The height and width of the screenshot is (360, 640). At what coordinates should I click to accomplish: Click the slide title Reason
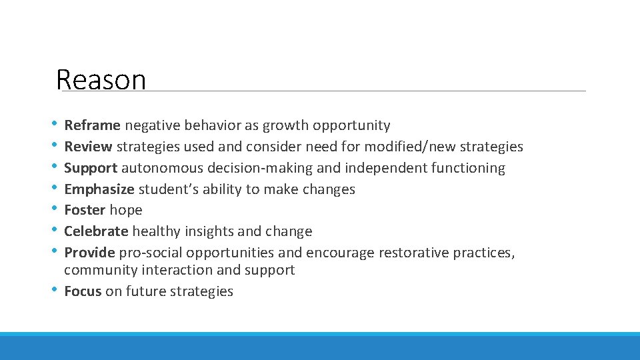(101, 80)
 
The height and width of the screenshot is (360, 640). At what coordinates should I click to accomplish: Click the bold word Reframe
(92, 125)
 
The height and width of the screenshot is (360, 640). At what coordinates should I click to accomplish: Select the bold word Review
(88, 147)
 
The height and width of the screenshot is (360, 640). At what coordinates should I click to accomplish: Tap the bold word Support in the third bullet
(91, 168)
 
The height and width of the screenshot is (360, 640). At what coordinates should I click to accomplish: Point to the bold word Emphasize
(98, 189)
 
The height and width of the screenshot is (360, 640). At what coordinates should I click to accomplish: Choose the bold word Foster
(85, 210)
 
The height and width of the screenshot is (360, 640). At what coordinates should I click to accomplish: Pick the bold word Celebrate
(96, 231)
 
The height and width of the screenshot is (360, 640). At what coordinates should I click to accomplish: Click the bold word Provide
(89, 253)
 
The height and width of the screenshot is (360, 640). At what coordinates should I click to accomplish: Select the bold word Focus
(83, 291)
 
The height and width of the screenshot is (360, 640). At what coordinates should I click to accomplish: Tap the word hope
(126, 210)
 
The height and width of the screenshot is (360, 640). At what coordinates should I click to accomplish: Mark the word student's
(166, 189)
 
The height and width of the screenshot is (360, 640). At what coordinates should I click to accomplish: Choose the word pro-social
(151, 253)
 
